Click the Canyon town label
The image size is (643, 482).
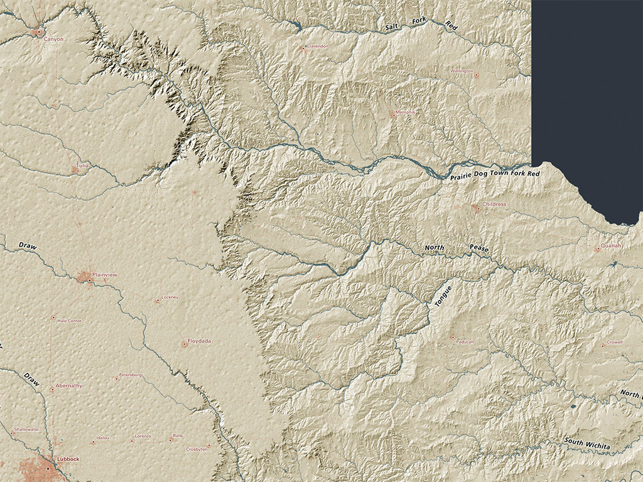click(53, 39)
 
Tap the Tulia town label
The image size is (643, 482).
click(82, 166)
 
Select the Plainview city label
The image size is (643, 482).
click(104, 275)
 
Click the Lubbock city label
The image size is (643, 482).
click(68, 459)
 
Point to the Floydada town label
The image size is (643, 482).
click(200, 341)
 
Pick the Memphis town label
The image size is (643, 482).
click(405, 112)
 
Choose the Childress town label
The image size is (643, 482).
click(494, 205)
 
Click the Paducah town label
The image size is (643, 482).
click(465, 341)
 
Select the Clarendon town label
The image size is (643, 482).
click(317, 46)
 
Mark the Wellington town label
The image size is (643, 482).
click(462, 71)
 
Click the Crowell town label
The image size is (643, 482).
click(615, 343)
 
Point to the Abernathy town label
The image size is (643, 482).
click(69, 385)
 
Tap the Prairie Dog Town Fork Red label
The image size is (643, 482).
click(495, 174)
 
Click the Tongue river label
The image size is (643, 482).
click(443, 296)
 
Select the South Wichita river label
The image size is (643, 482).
click(586, 444)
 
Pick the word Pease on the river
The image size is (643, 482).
click(478, 249)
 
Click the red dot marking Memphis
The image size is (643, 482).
click(393, 114)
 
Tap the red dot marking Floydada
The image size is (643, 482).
click(185, 344)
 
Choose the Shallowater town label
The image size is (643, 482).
click(26, 429)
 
